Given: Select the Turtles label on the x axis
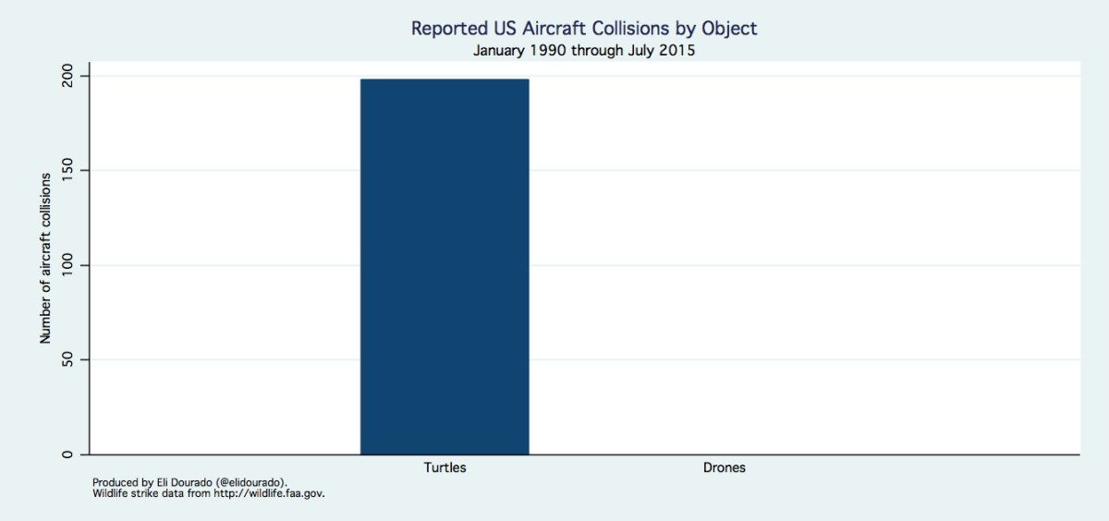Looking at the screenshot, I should [x=445, y=467].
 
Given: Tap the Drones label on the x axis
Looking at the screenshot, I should [x=724, y=467].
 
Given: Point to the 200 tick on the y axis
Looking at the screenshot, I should [x=68, y=76].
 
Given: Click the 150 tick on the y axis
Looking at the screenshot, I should [x=68, y=171].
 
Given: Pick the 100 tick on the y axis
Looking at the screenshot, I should [x=68, y=266].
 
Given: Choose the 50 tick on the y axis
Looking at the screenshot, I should [x=68, y=360].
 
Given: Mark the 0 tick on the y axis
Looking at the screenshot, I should [x=68, y=454].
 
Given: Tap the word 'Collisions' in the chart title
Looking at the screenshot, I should [x=637, y=29].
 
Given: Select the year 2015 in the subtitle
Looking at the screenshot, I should [x=676, y=51].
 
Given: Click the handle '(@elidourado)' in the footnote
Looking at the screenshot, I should [x=247, y=482].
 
